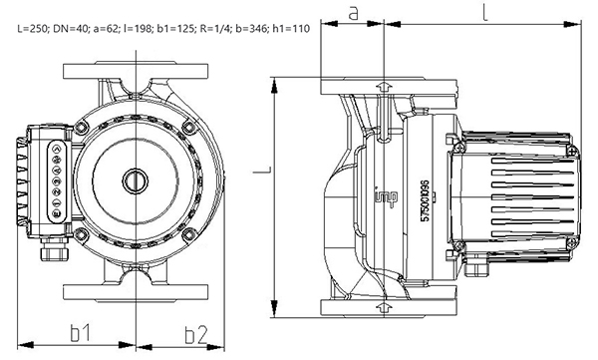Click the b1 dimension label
[x=81, y=332]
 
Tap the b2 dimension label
[x=196, y=335]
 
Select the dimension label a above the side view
[x=354, y=13]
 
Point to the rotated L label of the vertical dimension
[x=262, y=170]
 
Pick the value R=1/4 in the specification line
[x=216, y=29]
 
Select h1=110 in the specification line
[x=291, y=29]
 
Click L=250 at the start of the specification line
[x=33, y=29]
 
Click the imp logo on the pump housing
[x=386, y=196]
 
